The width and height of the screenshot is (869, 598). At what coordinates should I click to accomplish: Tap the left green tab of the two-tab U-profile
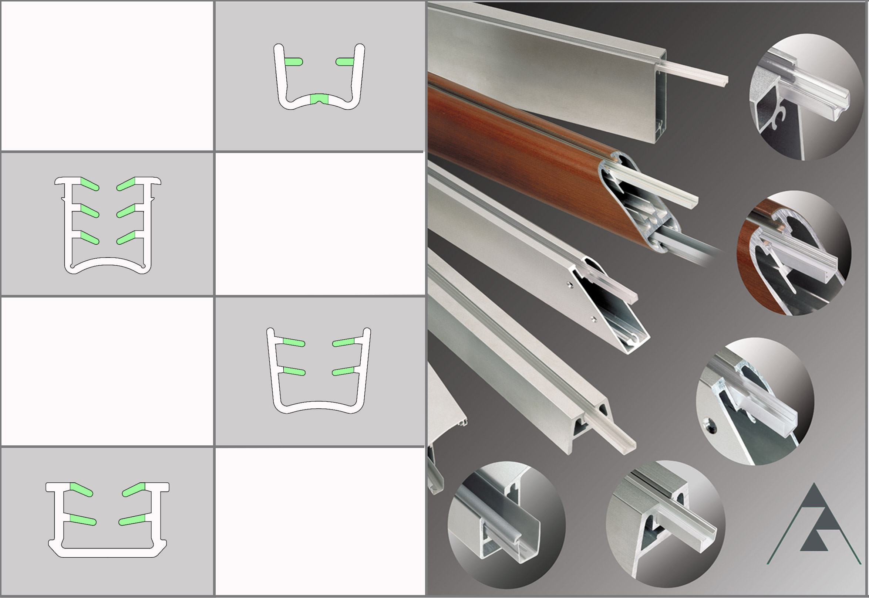tap(293, 62)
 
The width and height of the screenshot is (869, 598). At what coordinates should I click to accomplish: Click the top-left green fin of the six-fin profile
tap(90, 184)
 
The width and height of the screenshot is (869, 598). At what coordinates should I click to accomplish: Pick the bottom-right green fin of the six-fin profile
tap(126, 238)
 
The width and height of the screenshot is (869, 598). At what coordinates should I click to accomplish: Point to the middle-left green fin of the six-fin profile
tap(90, 211)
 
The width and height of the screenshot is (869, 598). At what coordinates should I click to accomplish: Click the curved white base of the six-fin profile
tap(108, 262)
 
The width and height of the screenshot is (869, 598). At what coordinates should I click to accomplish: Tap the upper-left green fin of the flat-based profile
tap(81, 489)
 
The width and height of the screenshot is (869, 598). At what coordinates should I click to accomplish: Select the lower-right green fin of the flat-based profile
tap(132, 520)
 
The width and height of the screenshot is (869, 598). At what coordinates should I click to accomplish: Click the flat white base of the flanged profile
tap(107, 552)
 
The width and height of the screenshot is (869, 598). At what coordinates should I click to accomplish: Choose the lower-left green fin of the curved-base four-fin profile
tap(294, 371)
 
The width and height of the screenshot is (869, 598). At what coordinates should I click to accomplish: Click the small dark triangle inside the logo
tap(814, 543)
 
